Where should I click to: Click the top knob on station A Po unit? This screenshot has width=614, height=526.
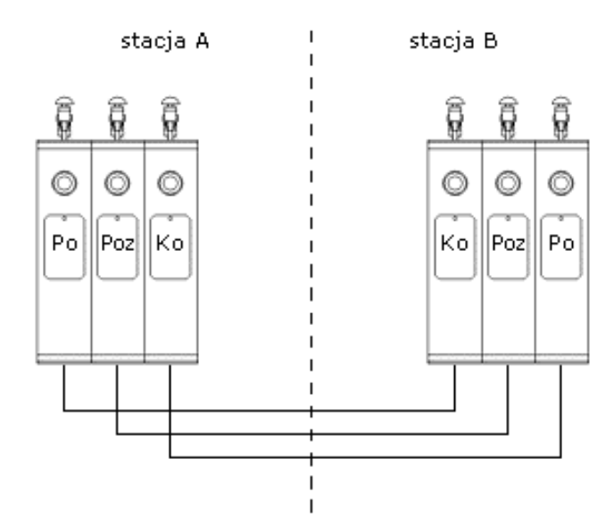point(64,116)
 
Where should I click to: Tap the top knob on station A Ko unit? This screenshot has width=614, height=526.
point(170,116)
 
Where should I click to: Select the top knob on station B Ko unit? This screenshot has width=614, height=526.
point(455,116)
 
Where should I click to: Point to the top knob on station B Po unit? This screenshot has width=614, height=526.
point(560,116)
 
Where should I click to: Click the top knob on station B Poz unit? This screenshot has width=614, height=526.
point(508,116)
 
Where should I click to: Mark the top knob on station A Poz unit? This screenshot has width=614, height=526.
point(117,116)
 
